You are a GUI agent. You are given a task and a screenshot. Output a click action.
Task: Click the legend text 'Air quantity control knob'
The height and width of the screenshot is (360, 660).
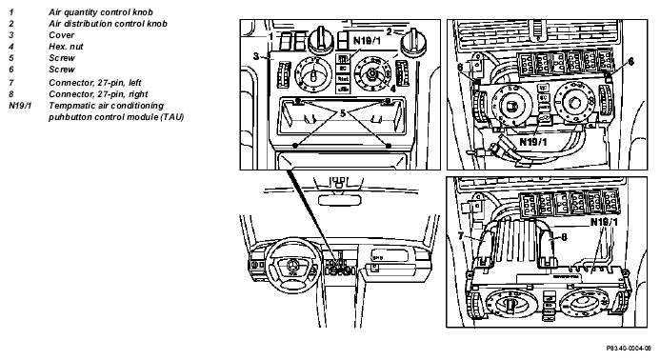101,12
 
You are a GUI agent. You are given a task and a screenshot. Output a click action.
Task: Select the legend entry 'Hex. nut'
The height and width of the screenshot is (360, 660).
66,47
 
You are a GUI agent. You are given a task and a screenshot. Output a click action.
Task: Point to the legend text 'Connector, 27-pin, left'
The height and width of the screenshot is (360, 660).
94,83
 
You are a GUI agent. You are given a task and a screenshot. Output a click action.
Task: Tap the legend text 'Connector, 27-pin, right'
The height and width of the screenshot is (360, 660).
98,94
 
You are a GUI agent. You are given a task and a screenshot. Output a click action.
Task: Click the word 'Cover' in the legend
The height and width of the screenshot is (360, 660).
62,35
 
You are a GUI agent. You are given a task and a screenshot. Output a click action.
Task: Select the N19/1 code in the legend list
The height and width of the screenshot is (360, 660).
20,106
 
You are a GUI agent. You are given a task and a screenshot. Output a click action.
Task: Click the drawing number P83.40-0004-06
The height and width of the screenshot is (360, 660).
629,349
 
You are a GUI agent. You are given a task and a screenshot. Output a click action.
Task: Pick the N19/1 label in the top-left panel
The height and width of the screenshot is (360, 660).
367,41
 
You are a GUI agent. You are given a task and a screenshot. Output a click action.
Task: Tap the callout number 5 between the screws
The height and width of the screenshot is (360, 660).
342,112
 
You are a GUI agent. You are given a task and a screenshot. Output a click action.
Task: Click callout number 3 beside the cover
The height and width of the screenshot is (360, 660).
256,56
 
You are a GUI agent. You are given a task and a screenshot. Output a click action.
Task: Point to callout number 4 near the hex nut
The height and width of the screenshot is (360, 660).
392,89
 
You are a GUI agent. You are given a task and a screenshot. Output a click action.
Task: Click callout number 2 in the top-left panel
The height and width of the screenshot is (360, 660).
390,31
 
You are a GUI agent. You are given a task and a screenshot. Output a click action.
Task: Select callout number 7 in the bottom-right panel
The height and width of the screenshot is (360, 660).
461,236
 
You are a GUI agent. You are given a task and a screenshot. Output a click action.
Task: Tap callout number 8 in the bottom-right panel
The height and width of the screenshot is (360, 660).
564,237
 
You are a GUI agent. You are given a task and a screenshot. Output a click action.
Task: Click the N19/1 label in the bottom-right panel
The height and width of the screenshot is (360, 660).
604,222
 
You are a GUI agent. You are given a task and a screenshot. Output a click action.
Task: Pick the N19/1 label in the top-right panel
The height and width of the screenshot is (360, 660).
533,142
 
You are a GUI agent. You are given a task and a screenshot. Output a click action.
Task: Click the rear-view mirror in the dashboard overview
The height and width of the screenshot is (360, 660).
340,200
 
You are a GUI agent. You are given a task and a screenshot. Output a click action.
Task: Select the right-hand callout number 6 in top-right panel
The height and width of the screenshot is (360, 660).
630,62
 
